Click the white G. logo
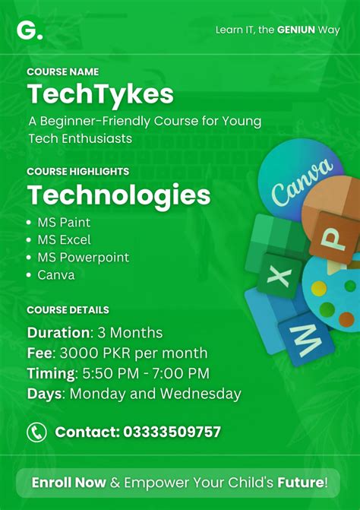coord(30,30)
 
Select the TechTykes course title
coord(100,94)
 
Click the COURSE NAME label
coord(62,71)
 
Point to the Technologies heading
coord(118,195)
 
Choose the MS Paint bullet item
coord(64,223)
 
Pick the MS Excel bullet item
coord(64,240)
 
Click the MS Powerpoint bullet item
coord(83,258)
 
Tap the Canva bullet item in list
coord(56,275)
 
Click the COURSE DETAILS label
coord(68,310)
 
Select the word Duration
coord(58,333)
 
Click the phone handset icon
coord(36,432)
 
